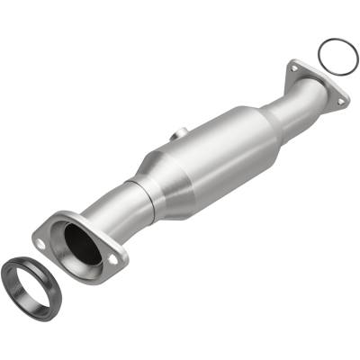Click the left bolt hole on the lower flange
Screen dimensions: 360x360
44,241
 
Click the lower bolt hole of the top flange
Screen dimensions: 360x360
342,101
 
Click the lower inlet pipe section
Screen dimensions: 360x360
112,211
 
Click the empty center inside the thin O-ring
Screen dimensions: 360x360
337,55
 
